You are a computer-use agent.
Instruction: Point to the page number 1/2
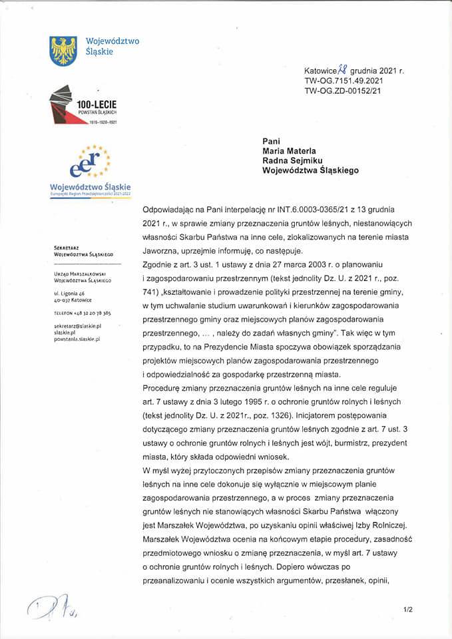coord(407,609)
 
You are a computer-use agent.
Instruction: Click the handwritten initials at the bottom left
coord(53,605)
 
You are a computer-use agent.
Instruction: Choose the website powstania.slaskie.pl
coord(77,339)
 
